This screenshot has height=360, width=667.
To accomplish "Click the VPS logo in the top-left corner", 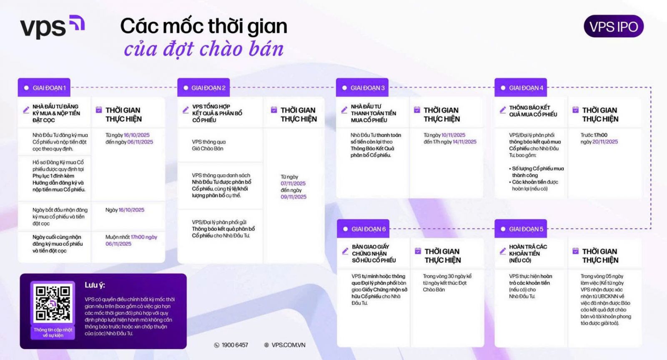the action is (x=53, y=27).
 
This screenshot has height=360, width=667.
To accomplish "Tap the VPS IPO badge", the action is (x=613, y=26).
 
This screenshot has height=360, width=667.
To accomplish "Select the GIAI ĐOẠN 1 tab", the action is (x=44, y=88).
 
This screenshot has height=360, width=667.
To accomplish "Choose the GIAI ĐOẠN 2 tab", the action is (x=203, y=88).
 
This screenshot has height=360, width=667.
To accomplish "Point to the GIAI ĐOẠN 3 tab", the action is (x=362, y=88).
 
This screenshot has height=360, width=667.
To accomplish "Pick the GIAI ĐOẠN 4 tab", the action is (x=521, y=88).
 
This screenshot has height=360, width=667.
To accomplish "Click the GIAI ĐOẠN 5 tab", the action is (x=521, y=229).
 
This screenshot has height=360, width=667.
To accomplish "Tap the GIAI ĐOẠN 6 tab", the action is (x=363, y=229).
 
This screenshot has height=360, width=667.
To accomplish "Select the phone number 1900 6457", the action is (x=235, y=345).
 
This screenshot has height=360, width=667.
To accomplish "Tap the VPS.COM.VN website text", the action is (x=288, y=345).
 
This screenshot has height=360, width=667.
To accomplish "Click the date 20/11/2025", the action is (x=605, y=142).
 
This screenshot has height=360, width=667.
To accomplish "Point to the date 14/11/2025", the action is (x=464, y=142).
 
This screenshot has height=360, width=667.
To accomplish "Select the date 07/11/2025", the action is (x=293, y=184).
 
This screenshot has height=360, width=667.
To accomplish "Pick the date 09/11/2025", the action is (x=293, y=197).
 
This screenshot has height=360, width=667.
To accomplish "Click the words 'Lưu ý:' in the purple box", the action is (x=95, y=285).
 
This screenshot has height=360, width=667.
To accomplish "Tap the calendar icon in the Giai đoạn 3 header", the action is (x=417, y=110).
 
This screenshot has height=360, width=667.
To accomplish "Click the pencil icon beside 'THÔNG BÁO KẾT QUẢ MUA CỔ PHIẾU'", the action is (x=503, y=110).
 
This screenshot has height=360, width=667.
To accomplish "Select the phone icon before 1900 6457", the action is (x=216, y=345).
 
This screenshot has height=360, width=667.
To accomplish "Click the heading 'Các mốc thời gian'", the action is (x=204, y=26).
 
